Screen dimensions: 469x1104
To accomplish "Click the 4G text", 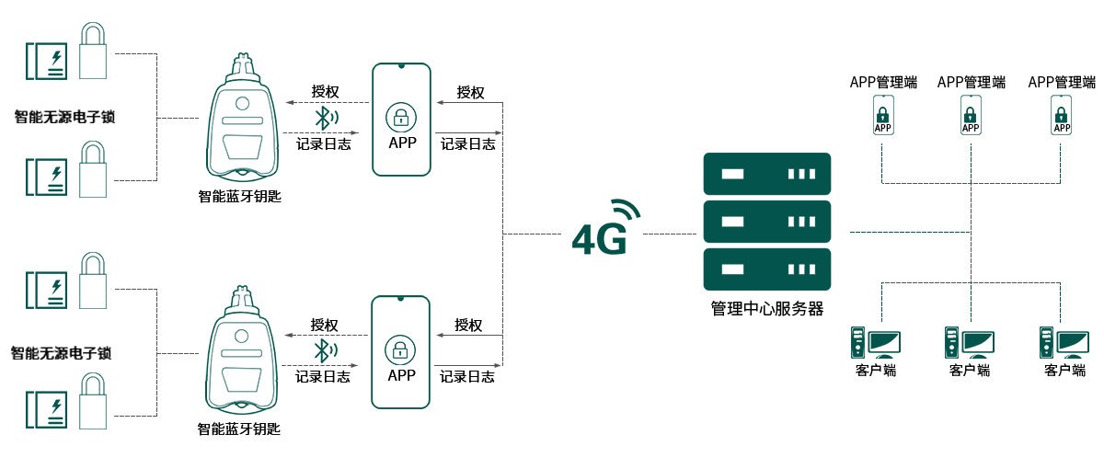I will click(599, 239).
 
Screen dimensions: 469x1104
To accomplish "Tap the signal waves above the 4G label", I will click(626, 209).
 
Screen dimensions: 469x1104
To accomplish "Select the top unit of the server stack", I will click(766, 174).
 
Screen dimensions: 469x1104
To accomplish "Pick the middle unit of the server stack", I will click(766, 222).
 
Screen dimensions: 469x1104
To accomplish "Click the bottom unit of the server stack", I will click(766, 269).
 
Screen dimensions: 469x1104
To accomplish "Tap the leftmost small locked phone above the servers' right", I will click(882, 115).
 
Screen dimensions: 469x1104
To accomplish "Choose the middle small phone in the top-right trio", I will click(970, 115).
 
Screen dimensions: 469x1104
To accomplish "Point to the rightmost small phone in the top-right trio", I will click(1061, 115).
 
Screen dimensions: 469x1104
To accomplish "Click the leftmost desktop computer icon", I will click(875, 342).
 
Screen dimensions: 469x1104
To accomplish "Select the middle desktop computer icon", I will click(969, 342).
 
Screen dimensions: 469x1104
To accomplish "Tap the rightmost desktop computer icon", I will click(1064, 342).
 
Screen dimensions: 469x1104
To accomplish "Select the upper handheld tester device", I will click(242, 129).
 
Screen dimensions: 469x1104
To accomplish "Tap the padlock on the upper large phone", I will click(400, 117).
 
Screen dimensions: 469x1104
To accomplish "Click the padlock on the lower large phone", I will click(400, 350).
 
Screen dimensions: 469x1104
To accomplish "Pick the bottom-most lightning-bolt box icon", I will click(46, 408).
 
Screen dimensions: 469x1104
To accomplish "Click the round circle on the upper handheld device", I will click(242, 102).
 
